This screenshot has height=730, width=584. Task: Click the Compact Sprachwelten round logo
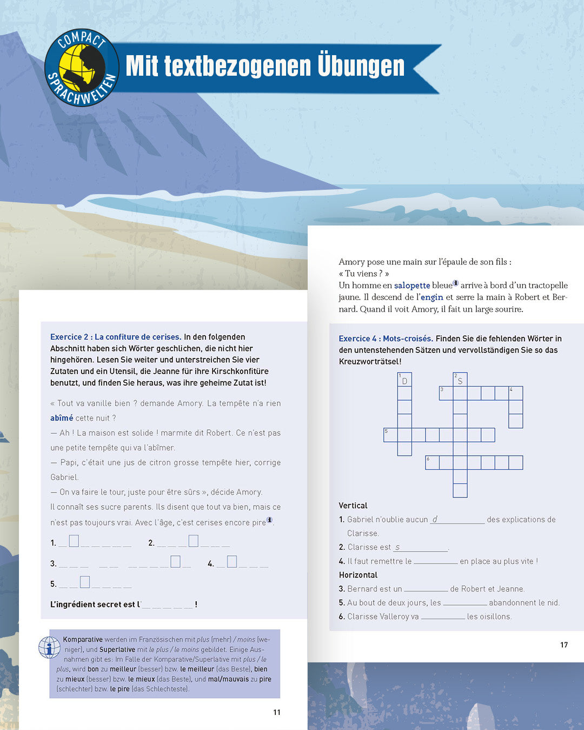81,68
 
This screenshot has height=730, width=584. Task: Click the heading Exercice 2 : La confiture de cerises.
116,337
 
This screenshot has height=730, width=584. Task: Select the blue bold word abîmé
62,418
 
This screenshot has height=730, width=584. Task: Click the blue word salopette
412,286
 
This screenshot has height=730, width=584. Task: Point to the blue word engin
432,297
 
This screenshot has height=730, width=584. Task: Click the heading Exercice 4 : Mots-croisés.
386,339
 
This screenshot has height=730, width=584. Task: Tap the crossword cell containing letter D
404,380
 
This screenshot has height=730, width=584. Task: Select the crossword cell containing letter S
460,380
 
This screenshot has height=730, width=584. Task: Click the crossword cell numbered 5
390,435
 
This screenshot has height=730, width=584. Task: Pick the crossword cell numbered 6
432,462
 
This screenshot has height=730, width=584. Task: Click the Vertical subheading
353,506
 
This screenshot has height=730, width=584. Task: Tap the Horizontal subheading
358,575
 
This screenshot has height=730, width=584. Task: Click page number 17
564,645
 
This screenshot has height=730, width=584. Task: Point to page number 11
277,712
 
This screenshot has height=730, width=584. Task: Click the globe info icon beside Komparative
49,647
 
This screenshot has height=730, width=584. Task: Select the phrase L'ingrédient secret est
92,605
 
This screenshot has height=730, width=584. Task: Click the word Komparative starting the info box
83,640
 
